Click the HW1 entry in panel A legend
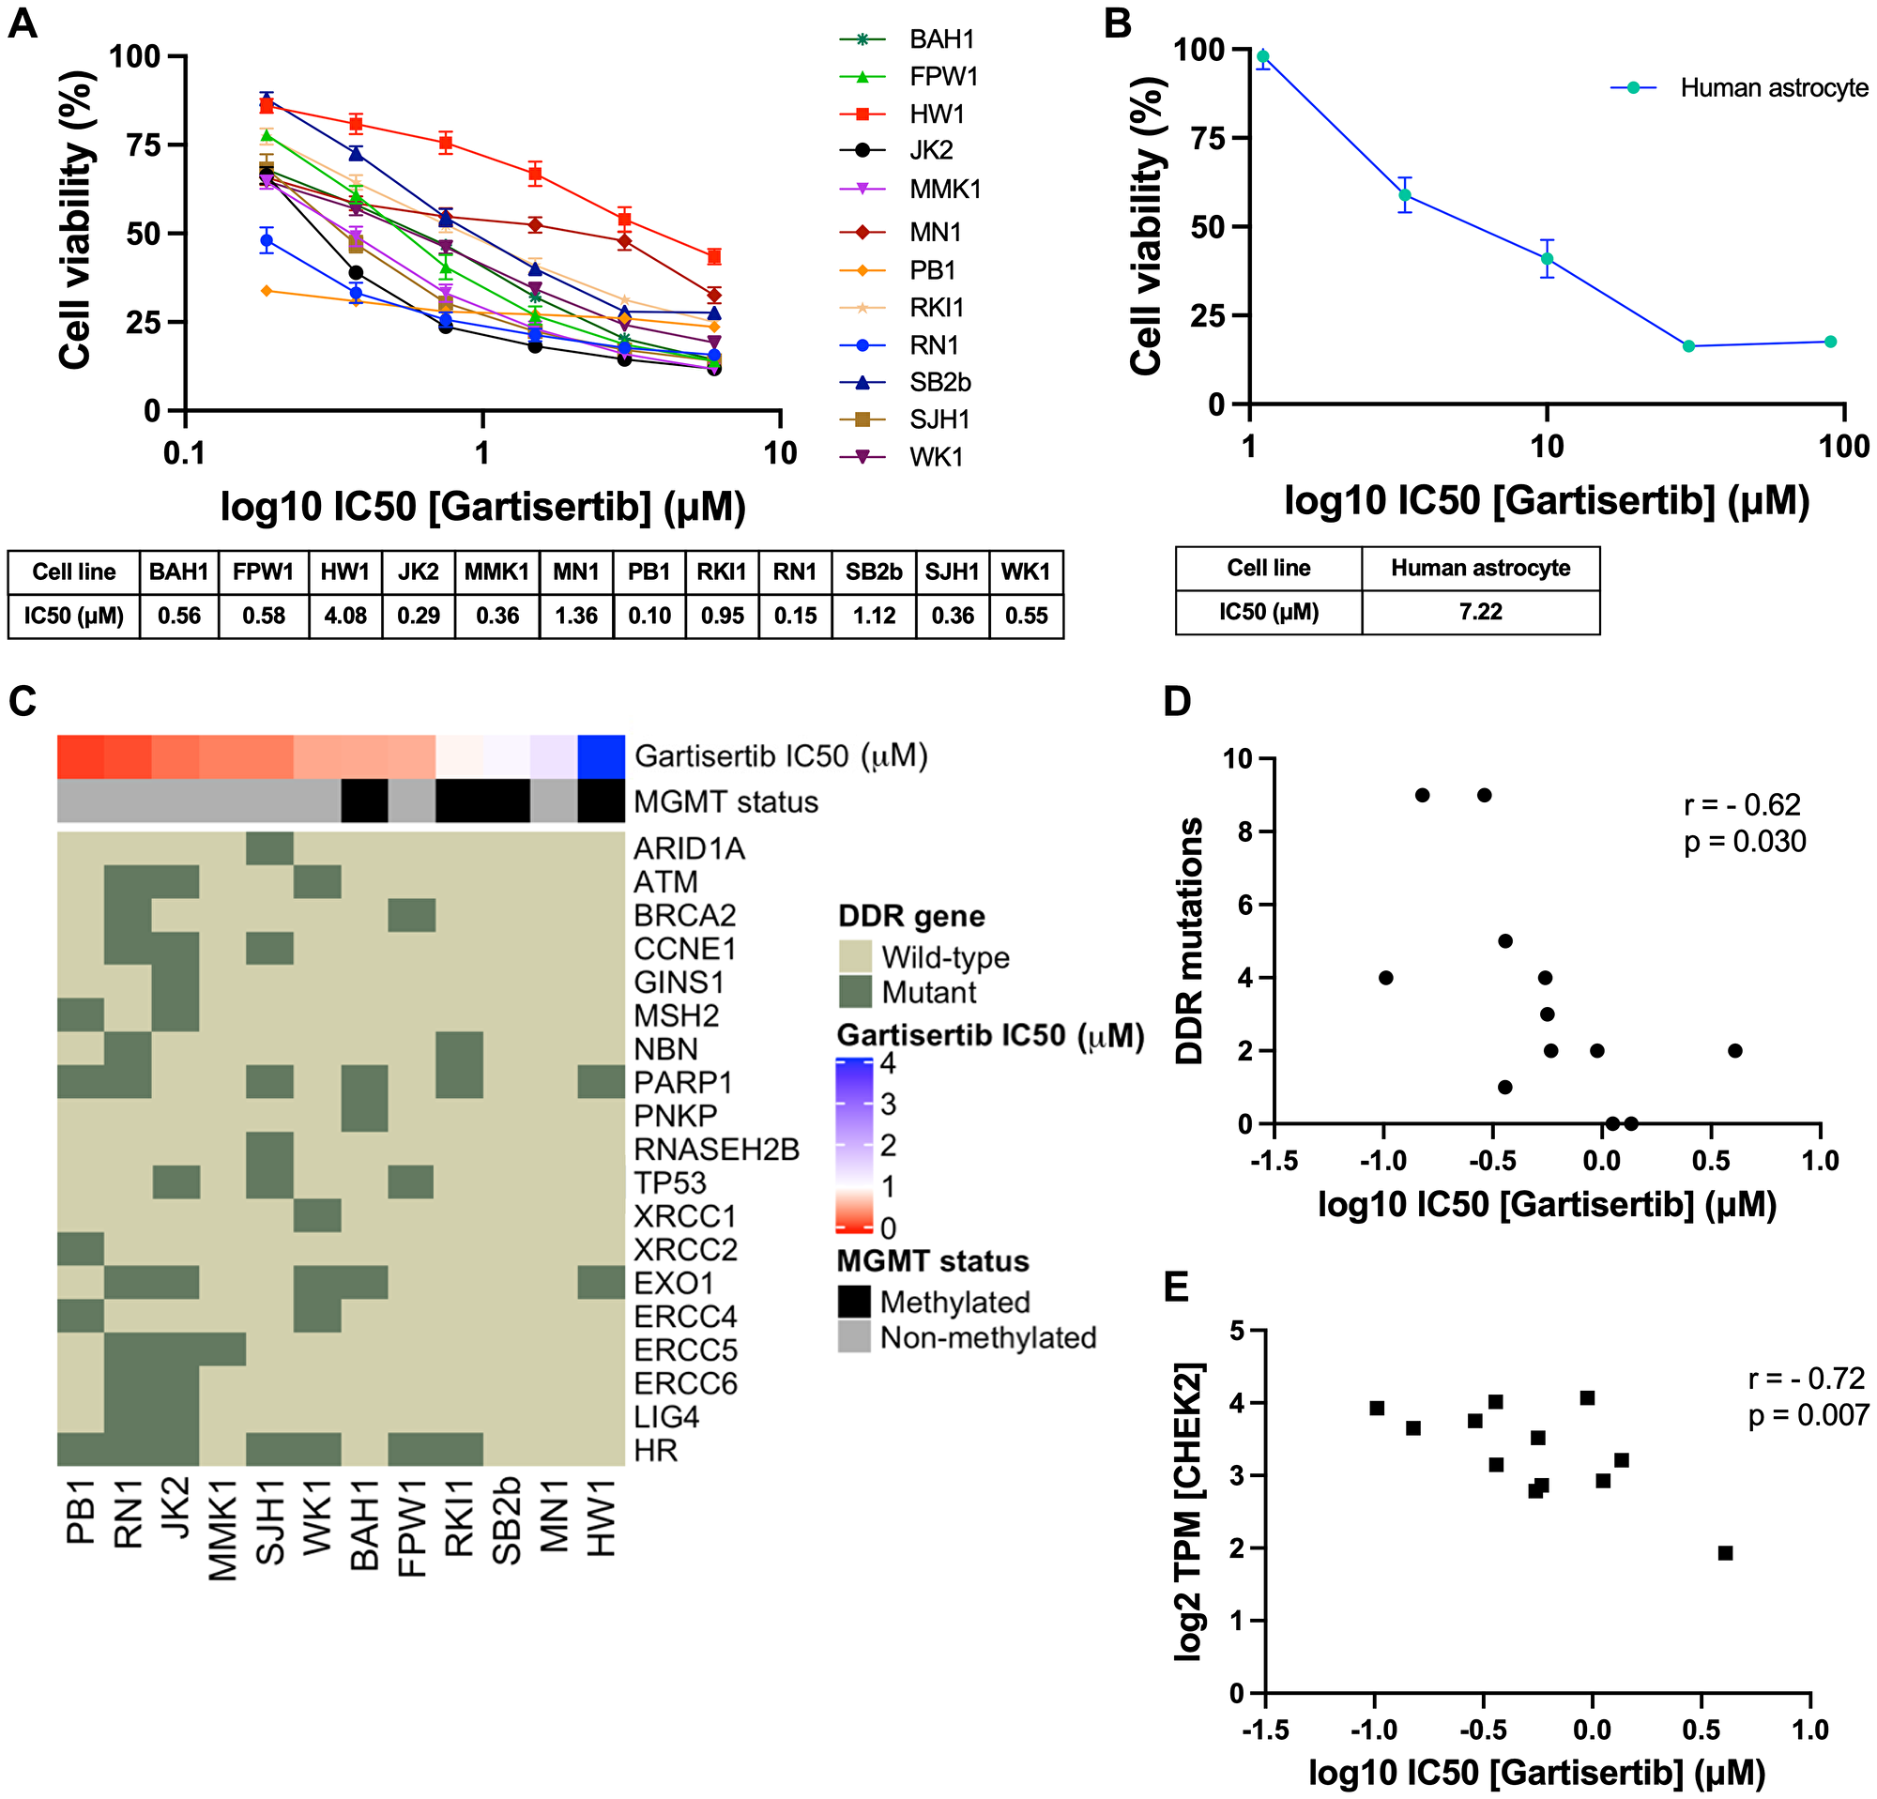936,114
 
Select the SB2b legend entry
938,382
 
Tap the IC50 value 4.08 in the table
344,616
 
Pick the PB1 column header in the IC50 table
649,572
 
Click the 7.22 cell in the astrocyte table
1480,612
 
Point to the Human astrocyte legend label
1774,88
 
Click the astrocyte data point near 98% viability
1263,56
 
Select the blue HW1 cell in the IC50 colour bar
602,755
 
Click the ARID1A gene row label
689,848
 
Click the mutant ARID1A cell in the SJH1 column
270,848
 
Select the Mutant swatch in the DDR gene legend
853,991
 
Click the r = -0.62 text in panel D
1741,804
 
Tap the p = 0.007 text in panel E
1808,1414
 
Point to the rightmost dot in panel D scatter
1734,1050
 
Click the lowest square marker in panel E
1725,1553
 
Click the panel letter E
1176,1286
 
